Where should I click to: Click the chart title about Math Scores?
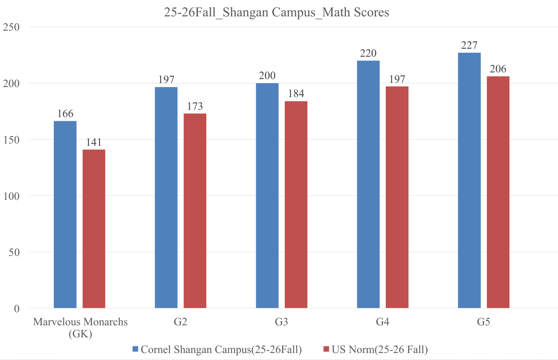(x=276, y=12)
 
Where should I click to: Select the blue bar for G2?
(x=166, y=197)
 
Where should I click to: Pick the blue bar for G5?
(x=469, y=180)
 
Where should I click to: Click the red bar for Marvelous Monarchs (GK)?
(x=94, y=229)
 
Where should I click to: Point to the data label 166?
(x=65, y=114)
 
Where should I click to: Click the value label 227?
(x=469, y=45)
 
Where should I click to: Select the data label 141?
(x=94, y=142)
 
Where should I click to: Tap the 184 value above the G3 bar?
(x=296, y=94)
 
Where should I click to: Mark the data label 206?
(x=498, y=69)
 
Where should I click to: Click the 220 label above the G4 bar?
(x=368, y=53)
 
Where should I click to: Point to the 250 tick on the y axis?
(x=11, y=27)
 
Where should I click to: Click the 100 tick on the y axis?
(x=11, y=196)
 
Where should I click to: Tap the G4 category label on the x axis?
(x=383, y=322)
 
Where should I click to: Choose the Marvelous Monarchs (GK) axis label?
(x=80, y=327)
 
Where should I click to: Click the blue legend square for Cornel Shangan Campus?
(x=135, y=349)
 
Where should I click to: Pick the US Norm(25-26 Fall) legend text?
(x=380, y=349)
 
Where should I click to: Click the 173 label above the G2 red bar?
(x=195, y=106)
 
